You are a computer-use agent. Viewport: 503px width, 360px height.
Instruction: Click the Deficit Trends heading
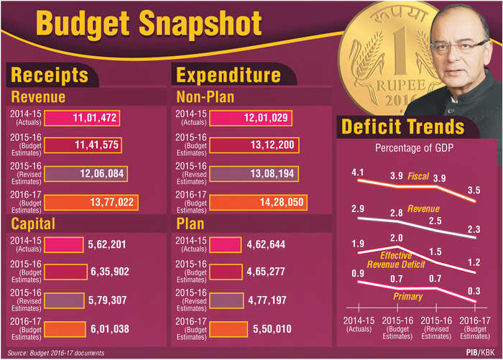click(402, 127)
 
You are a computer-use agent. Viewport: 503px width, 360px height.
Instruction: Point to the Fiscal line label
click(418, 176)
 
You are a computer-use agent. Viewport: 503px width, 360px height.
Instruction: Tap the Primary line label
click(407, 296)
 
